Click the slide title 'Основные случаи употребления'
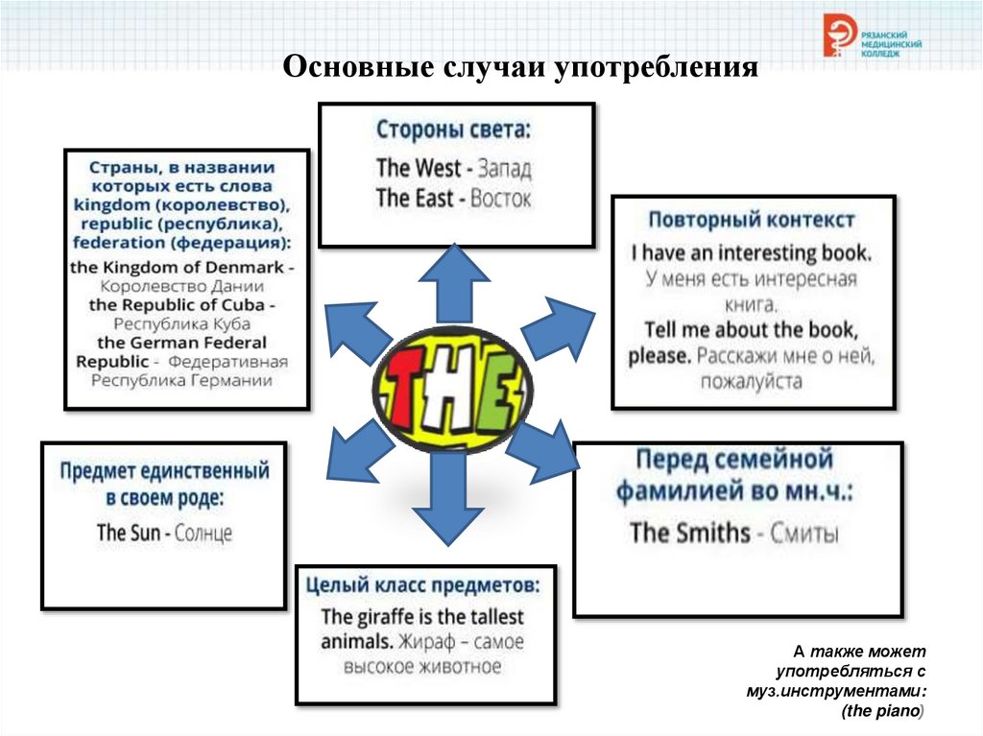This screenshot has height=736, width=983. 521,68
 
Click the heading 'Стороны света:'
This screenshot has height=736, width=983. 453,130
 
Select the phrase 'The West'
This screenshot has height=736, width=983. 419,168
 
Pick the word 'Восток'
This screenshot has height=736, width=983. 501,199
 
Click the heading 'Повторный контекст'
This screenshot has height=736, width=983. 751,220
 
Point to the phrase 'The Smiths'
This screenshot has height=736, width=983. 689,533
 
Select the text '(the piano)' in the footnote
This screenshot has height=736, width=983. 882,711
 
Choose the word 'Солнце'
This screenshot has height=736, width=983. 204,533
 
